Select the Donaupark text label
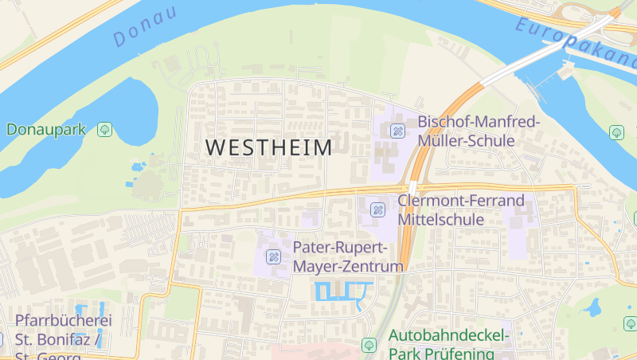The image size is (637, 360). click(x=46, y=129)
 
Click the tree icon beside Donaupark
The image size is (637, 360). click(x=104, y=129)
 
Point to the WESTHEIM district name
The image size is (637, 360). click(x=269, y=148)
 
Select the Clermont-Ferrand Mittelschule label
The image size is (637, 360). click(x=461, y=209)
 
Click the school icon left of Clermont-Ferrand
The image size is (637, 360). click(x=377, y=210)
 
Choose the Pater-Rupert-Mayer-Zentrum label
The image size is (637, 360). click(x=347, y=256)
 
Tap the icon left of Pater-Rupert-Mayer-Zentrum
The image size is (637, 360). click(x=273, y=256)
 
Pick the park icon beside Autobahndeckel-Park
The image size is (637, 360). click(x=369, y=345)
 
